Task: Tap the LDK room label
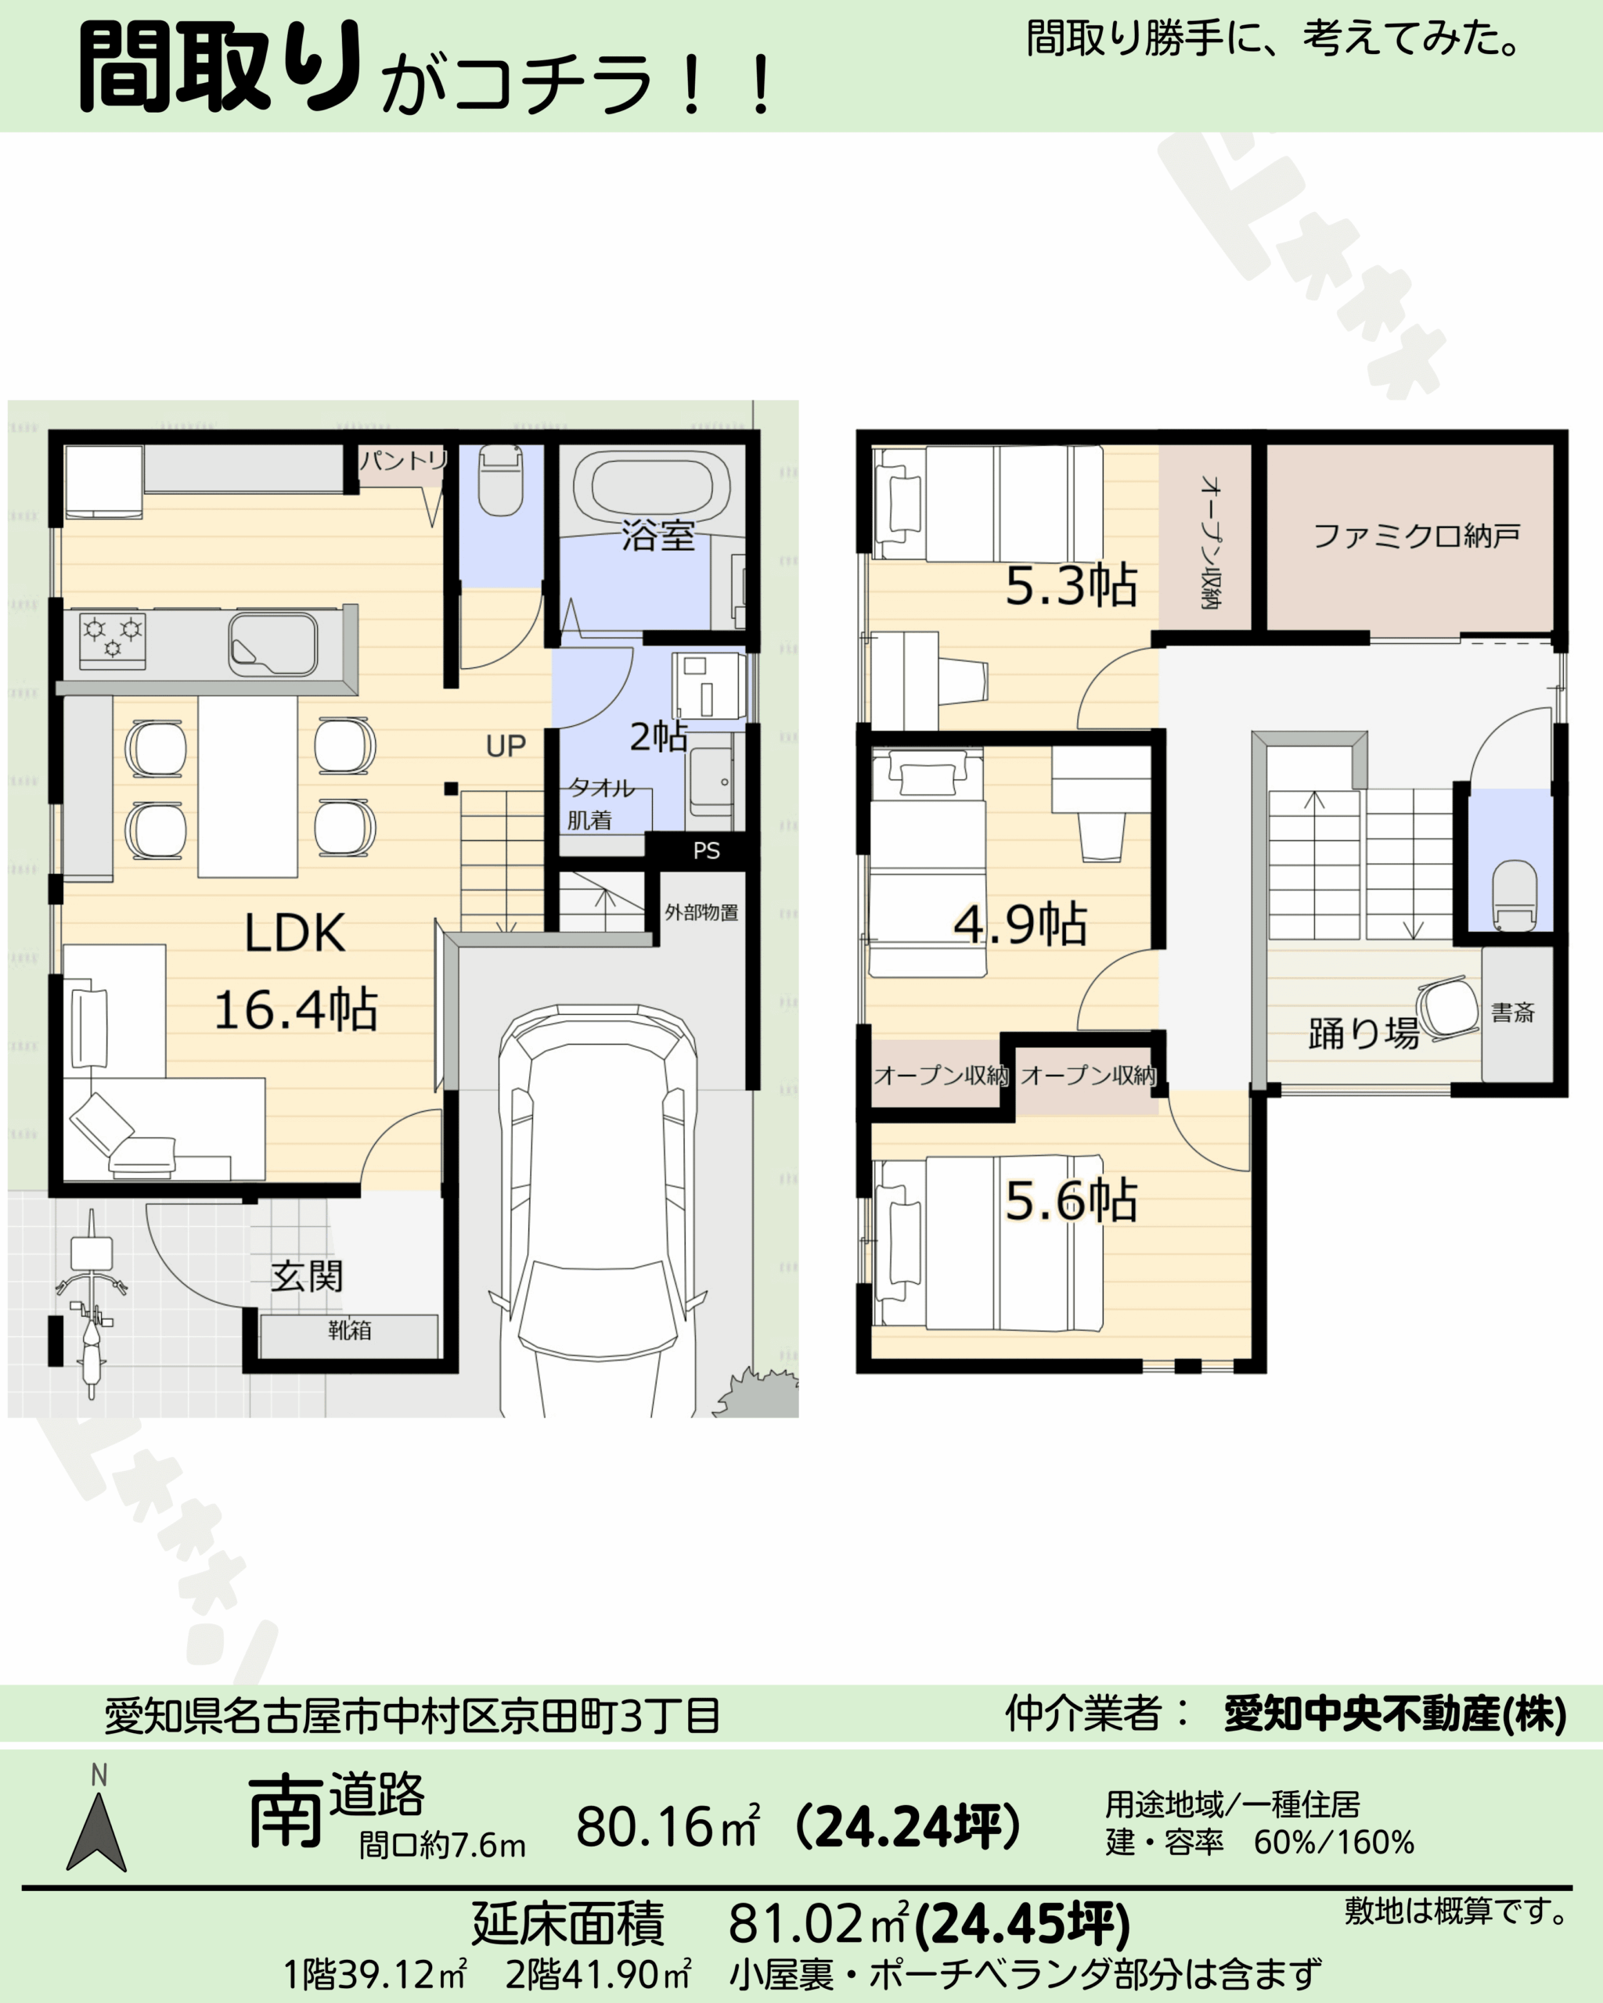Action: tap(294, 933)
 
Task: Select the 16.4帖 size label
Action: tap(296, 1010)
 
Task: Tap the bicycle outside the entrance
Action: tap(90, 1303)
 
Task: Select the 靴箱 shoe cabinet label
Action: tap(349, 1330)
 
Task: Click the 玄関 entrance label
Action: tap(307, 1275)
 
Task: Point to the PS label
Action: tap(706, 850)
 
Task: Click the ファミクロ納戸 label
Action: tap(1416, 536)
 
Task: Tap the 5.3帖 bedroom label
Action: tap(1072, 586)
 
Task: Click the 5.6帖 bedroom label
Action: tap(1072, 1200)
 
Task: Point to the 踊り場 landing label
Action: tap(1363, 1033)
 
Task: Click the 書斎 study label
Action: tap(1512, 1012)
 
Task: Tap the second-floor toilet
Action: tap(1514, 894)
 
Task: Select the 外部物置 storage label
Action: tap(701, 912)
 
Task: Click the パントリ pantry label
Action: tap(403, 460)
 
